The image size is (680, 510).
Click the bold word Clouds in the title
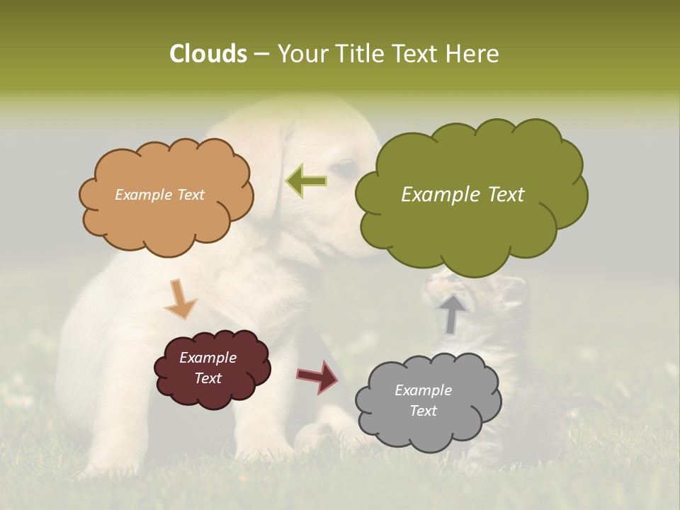208,54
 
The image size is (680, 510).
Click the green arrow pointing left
306,181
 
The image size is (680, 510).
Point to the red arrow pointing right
318,376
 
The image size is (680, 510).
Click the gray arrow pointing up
451,313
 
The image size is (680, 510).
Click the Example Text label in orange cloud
159,195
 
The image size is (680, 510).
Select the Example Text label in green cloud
463,195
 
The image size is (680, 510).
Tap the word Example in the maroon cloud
208,358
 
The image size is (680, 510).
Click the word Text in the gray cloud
423,411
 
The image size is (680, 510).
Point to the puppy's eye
344,168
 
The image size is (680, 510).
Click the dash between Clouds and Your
261,55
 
